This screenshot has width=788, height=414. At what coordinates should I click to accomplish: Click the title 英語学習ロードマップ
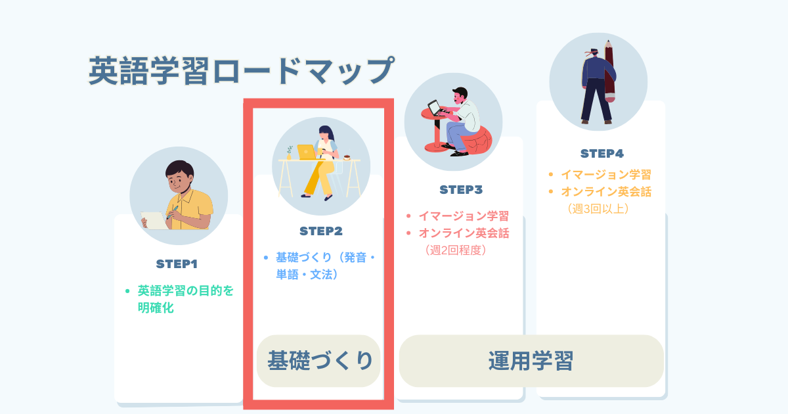click(x=242, y=71)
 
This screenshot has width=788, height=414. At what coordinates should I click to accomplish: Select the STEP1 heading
click(x=177, y=264)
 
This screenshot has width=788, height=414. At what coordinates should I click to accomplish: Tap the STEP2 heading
click(x=321, y=231)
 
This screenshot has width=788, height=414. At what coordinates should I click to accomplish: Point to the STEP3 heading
click(x=461, y=190)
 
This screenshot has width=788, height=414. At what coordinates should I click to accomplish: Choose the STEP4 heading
click(x=602, y=154)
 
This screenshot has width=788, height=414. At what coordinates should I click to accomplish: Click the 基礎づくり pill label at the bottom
click(x=320, y=361)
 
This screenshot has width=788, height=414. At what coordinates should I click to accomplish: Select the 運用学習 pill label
click(x=531, y=361)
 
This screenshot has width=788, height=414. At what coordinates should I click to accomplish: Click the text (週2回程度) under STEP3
click(x=456, y=250)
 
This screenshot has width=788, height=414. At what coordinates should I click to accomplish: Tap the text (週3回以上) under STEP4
click(x=598, y=209)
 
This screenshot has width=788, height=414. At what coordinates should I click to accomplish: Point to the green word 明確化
click(x=156, y=308)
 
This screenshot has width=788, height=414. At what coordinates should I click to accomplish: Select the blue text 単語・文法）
click(x=307, y=274)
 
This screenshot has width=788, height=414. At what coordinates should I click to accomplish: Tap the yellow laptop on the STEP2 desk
click(x=307, y=152)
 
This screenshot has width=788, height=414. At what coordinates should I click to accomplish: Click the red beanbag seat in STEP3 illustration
click(x=477, y=141)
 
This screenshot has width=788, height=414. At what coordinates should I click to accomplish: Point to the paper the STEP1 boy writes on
click(x=154, y=221)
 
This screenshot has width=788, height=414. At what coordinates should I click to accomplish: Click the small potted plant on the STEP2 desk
click(x=289, y=152)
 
